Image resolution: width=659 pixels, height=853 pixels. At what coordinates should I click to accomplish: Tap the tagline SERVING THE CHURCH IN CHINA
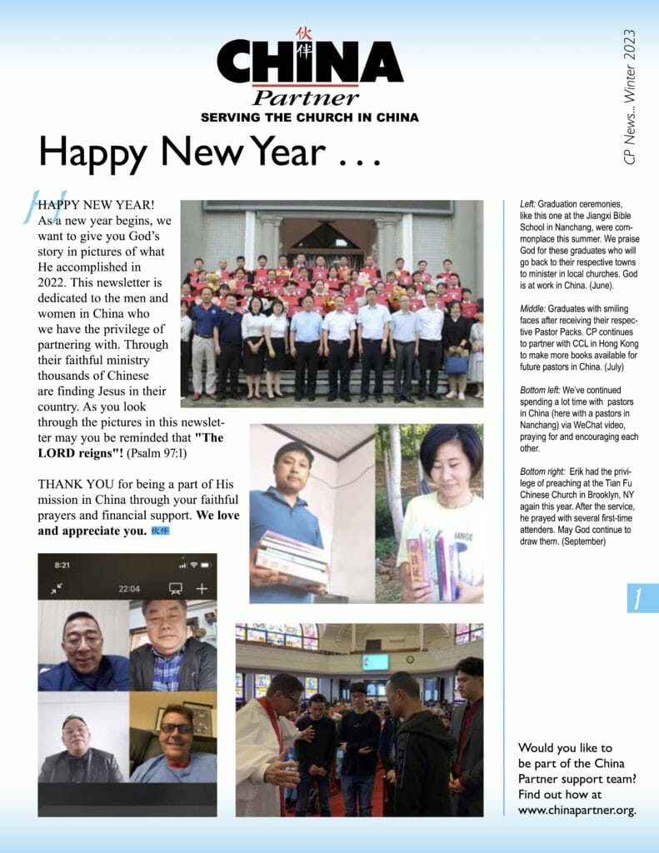point(309,117)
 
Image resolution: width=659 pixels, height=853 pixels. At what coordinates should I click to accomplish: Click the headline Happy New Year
point(211,152)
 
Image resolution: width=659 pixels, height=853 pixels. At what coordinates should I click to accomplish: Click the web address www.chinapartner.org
point(577,809)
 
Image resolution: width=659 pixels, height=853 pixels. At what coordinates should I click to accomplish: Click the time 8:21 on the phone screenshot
point(62,565)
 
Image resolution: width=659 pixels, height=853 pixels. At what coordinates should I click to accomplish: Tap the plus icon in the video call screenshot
point(202,588)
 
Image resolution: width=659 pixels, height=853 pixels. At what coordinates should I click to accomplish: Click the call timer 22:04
point(129,589)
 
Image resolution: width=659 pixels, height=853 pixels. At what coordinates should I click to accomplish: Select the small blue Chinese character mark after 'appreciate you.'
point(160,531)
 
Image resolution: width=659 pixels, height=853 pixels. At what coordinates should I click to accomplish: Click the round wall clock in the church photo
point(410,659)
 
